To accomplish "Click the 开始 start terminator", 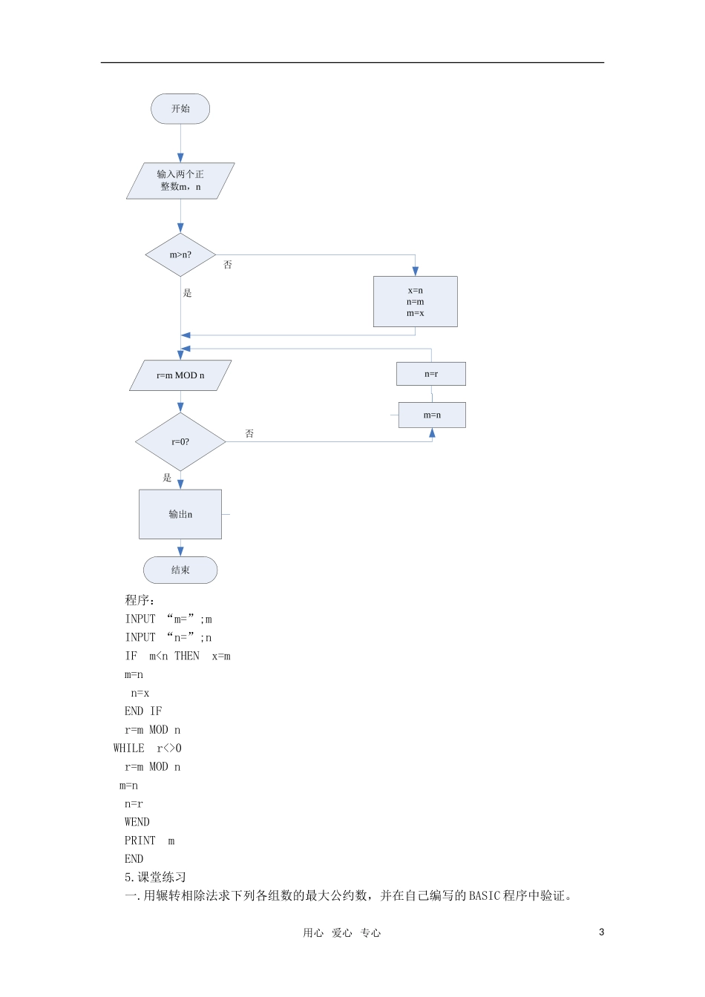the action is click(x=180, y=108).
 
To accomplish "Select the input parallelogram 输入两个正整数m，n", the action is click(x=180, y=181).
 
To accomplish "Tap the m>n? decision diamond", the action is click(x=180, y=254).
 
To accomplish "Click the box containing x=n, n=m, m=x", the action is click(x=415, y=301).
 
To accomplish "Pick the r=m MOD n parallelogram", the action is click(x=180, y=375).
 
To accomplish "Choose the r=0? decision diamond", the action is click(x=180, y=441).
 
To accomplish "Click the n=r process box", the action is click(x=431, y=374).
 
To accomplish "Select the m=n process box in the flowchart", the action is click(x=432, y=415).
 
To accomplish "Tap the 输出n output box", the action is click(x=180, y=514).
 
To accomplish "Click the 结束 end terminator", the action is click(x=180, y=570).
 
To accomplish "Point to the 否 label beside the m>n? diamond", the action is click(x=228, y=265).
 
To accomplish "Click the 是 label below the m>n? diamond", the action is click(x=188, y=293).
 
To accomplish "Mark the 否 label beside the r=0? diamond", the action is click(x=249, y=433).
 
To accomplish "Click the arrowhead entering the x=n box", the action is click(x=415, y=271).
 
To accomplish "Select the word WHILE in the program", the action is click(x=128, y=748).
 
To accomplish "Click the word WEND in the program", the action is click(x=137, y=822).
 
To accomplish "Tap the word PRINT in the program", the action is click(x=140, y=840).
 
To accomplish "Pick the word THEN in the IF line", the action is click(x=187, y=656).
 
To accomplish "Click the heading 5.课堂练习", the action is click(x=155, y=878).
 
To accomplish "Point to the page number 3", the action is click(x=602, y=932).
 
